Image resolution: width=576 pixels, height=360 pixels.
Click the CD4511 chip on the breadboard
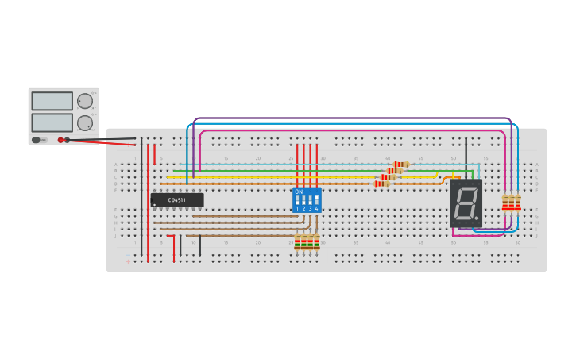point(177,200)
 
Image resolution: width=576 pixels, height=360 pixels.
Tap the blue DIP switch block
point(307,199)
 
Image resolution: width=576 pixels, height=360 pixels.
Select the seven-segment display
point(466,203)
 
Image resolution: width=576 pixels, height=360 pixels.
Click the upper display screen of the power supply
point(52,101)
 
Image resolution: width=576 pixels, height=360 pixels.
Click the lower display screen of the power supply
point(52,122)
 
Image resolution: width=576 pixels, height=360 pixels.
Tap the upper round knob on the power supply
point(84,101)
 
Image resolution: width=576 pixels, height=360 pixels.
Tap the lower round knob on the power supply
point(84,122)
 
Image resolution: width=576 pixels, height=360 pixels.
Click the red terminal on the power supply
point(60,140)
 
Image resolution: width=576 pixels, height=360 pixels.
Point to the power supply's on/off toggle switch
point(37,140)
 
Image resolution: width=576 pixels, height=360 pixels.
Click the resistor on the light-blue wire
point(401,165)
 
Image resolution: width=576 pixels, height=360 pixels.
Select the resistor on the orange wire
point(382,184)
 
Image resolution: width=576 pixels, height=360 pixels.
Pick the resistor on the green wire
point(395,171)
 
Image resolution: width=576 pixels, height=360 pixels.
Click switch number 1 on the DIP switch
point(297,201)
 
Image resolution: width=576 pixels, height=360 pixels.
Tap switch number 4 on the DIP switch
point(316,201)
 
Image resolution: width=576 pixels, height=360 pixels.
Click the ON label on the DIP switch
point(299,192)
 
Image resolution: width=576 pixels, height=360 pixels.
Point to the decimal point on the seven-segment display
point(477,218)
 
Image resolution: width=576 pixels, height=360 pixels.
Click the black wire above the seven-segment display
point(466,155)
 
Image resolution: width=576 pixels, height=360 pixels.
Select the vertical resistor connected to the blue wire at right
point(517,203)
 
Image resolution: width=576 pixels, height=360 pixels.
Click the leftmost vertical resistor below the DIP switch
point(297,242)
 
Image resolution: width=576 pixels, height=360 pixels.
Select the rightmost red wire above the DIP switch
point(316,163)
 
